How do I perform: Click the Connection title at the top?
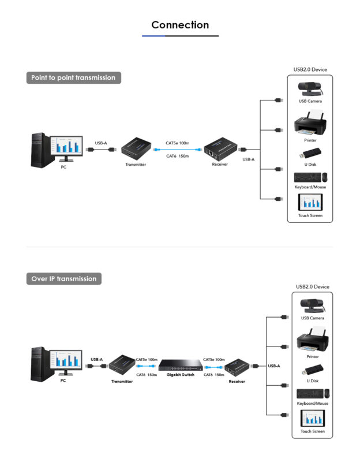tap(180, 25)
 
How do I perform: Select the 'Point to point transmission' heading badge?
tap(73, 78)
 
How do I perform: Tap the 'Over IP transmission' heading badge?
tap(64, 279)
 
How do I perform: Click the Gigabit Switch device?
tap(179, 365)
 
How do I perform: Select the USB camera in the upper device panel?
tap(310, 89)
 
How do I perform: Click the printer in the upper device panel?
tap(310, 125)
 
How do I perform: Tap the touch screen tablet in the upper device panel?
tap(310, 202)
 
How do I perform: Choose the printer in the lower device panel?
tap(312, 342)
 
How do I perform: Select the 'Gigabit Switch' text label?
tap(179, 375)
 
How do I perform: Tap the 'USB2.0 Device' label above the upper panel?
tap(310, 70)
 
